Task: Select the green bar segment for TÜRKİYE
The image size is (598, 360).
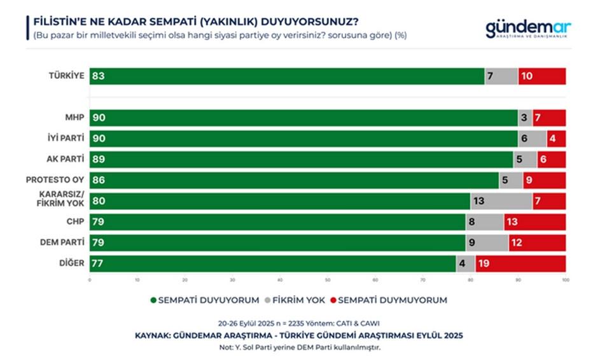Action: [x=286, y=76]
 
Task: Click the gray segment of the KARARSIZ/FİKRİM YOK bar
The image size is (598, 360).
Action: [x=501, y=201]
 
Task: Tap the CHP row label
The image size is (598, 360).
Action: [x=74, y=221]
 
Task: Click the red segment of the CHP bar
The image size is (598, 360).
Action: [x=534, y=222]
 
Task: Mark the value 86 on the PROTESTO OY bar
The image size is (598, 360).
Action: [x=98, y=181]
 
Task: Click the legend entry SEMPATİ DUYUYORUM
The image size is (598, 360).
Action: [x=204, y=300]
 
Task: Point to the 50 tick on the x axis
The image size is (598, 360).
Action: [x=328, y=279]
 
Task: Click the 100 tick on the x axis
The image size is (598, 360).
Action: [x=565, y=279]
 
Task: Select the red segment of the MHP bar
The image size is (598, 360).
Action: [x=548, y=118]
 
